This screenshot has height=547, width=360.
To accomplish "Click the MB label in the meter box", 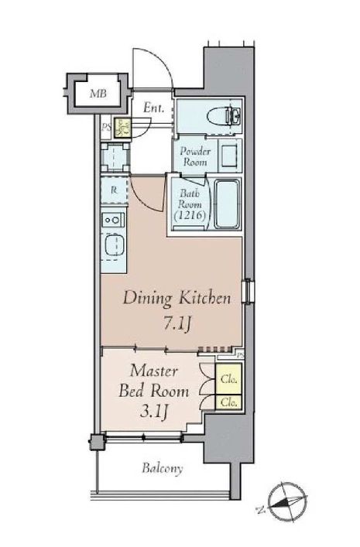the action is pos(98,94).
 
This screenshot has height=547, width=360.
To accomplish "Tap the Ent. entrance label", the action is pos(153,108).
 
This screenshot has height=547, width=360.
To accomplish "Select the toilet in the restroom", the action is pos(224,116).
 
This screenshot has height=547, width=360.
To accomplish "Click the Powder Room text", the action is pos(195,156).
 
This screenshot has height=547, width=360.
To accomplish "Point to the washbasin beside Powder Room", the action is pos(230,156).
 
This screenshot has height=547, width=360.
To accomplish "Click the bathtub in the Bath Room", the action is pos(227,204).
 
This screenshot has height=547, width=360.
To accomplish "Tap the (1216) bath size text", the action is pos(190,215).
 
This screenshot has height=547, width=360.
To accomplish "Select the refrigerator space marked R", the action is pos(114,190).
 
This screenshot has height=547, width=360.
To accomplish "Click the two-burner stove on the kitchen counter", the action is pos(113,221).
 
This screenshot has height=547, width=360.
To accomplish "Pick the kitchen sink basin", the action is pos(114,246).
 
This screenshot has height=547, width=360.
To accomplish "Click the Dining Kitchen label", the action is pos(177,299).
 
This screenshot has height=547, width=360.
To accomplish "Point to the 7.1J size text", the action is pos(177,323).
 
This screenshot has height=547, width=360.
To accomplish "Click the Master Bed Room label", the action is pos(154,381).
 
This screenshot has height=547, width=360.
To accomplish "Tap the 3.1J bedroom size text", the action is pos(154,412).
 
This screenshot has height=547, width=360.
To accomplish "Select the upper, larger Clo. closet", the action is pos(229,379).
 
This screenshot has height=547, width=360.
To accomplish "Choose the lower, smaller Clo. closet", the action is pos(229,402).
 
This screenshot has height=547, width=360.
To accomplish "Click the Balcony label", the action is pos(163,468).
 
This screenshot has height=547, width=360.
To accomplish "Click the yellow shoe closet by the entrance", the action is pos(122,128).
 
